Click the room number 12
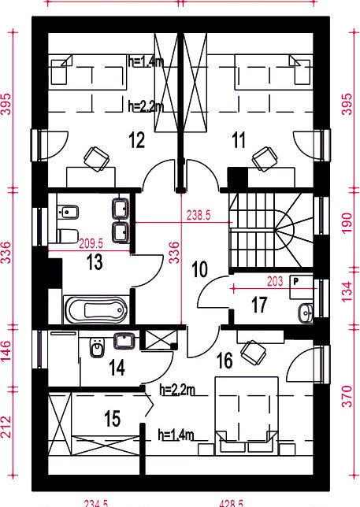click(x=136, y=140)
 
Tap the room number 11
click(x=239, y=140)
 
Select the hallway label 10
click(x=199, y=269)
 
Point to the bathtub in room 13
click(x=96, y=309)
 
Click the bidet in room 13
click(x=68, y=213)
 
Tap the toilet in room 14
click(x=97, y=348)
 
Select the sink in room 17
click(x=306, y=313)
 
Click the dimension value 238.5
click(x=199, y=215)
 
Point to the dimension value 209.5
click(x=91, y=243)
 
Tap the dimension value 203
click(x=275, y=281)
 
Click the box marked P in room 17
click(x=301, y=287)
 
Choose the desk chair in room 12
click(x=96, y=158)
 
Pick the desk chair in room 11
click(x=265, y=158)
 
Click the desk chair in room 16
click(x=254, y=353)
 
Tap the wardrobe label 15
click(x=113, y=419)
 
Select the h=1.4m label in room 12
click(x=146, y=61)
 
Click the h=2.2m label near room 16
click(x=177, y=390)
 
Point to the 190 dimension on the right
click(x=347, y=223)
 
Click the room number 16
click(x=225, y=361)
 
